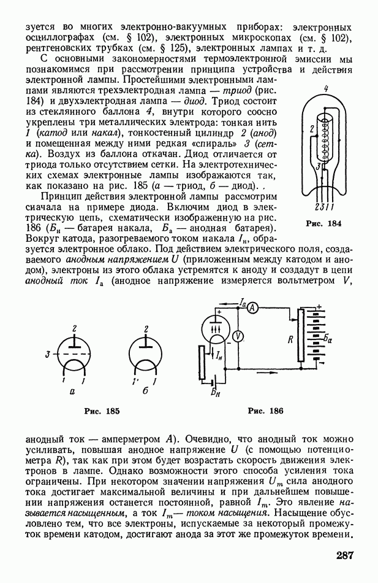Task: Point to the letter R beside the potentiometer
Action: coord(290,338)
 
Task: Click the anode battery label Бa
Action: coord(329,338)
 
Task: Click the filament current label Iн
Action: coord(219,355)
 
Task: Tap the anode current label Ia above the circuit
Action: coord(243,301)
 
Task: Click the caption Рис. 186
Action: coord(265,411)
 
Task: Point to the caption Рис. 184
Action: coord(323,223)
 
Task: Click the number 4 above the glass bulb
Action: coord(326,89)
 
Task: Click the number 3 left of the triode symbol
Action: coord(47,354)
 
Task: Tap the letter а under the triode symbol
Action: coord(73,390)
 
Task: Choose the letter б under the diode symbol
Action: coord(145,390)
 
